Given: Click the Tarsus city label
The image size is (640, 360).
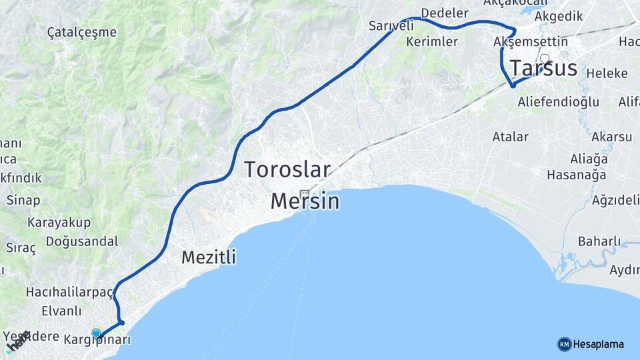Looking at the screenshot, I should (543, 69).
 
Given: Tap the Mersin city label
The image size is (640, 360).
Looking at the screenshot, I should (305, 201).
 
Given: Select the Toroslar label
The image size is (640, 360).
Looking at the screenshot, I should (287, 169).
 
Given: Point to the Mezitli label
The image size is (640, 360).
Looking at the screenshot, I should (209, 257).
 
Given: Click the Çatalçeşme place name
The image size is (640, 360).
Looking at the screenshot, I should (82, 32).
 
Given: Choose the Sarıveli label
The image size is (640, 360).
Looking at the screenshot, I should (391, 26).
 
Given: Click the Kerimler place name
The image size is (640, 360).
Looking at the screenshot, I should (431, 41).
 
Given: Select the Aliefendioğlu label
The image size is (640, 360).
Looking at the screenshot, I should (558, 102).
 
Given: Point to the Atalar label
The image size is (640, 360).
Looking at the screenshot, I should (510, 137).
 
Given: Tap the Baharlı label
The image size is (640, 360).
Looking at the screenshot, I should (599, 241).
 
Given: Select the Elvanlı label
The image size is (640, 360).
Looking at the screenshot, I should (61, 311).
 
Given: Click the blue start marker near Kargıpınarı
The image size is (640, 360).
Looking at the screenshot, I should (96, 333).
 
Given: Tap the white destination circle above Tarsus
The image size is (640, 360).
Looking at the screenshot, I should (545, 58).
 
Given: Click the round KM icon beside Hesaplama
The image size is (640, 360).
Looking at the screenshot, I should (564, 344).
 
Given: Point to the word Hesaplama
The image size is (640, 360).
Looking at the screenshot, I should (599, 345).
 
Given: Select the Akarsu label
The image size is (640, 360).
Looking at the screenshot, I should (611, 137).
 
